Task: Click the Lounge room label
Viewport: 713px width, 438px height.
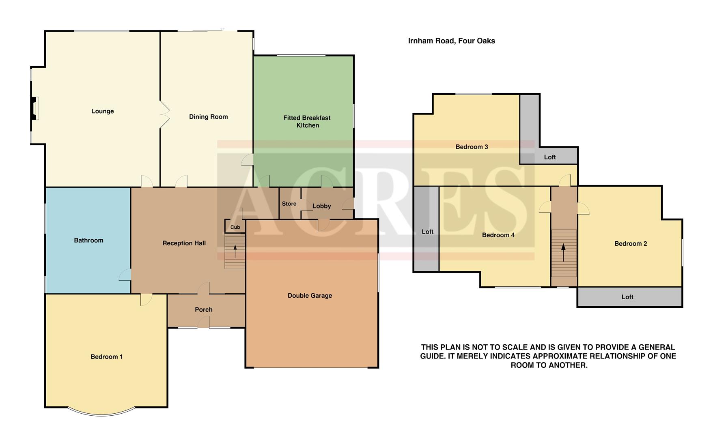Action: (102, 111)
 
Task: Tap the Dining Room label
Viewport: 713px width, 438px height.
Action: (208, 117)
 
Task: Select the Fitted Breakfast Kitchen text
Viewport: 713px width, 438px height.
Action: (307, 121)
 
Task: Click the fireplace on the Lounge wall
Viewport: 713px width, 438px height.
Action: (34, 108)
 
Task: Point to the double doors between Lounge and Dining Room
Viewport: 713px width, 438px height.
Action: (164, 114)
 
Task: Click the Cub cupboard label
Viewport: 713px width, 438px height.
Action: (235, 227)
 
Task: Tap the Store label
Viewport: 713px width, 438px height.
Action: (289, 204)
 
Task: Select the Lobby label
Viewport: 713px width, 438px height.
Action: (321, 206)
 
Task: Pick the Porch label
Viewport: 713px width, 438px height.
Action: (203, 309)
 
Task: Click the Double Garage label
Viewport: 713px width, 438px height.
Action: (310, 296)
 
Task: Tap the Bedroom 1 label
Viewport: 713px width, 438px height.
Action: (106, 357)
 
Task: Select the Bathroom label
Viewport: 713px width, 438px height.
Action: (88, 240)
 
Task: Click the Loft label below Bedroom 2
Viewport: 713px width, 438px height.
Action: (627, 297)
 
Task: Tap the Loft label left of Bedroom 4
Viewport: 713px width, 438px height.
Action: (427, 232)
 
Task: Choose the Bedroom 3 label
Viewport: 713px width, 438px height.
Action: (471, 147)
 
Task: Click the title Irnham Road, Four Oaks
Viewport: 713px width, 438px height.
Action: (451, 41)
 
